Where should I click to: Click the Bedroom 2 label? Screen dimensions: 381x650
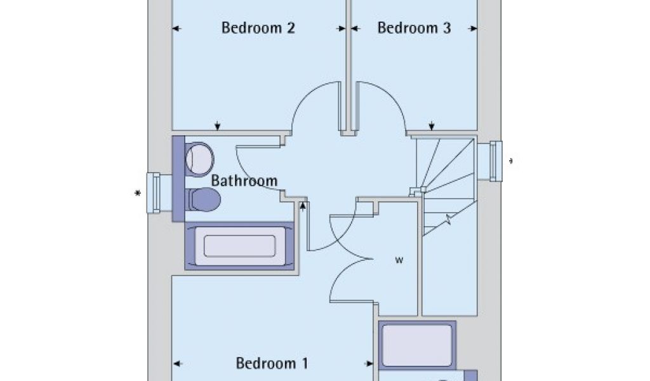point(258,29)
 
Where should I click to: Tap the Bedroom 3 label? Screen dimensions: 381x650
point(414,29)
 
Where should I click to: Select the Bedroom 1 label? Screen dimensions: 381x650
point(272,364)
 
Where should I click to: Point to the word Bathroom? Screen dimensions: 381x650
point(244,181)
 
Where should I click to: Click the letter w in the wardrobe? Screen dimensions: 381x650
point(399,260)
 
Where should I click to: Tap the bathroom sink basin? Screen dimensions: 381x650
point(201,158)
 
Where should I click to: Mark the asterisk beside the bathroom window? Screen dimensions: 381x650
point(138,194)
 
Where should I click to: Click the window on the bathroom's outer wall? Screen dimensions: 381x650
point(154,193)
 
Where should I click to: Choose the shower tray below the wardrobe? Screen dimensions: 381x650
point(417,344)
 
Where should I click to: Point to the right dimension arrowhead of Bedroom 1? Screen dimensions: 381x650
point(369,364)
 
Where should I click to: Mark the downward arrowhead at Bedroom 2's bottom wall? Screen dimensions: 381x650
point(218,126)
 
